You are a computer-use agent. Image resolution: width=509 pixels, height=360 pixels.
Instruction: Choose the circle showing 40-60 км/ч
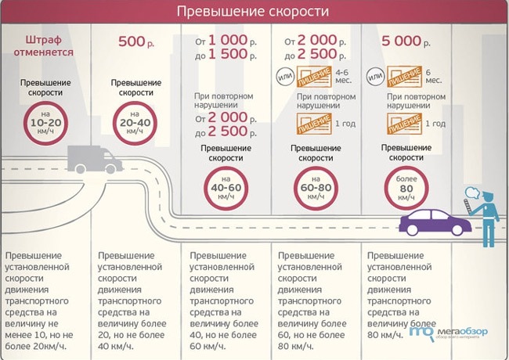click(226, 189)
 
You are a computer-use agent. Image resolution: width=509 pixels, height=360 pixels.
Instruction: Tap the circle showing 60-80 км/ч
click(315, 189)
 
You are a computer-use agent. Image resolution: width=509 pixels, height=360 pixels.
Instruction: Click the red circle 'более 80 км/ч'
click(406, 189)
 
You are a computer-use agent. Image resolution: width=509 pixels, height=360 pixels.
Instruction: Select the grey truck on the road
click(92, 161)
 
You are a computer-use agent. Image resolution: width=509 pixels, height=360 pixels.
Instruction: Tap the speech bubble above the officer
click(471, 193)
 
